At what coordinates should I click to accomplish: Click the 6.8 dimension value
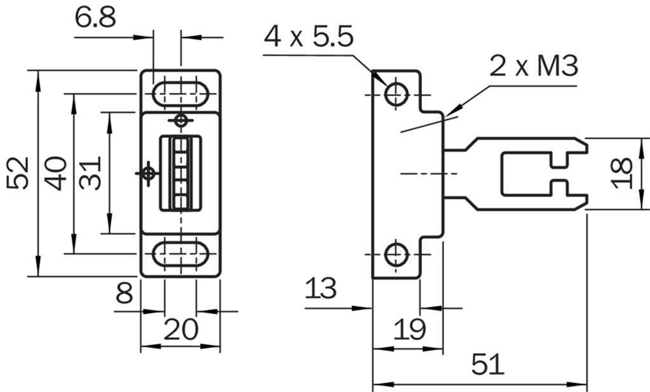95,17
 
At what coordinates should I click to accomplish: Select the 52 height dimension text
18,173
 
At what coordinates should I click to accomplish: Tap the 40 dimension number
56,173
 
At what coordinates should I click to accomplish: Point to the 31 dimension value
91,173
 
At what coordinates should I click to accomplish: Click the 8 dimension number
125,293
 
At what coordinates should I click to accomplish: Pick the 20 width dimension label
181,330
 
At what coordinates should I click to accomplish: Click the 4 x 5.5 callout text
309,36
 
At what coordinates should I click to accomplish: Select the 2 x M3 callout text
534,65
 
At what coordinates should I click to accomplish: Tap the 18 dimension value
622,173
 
